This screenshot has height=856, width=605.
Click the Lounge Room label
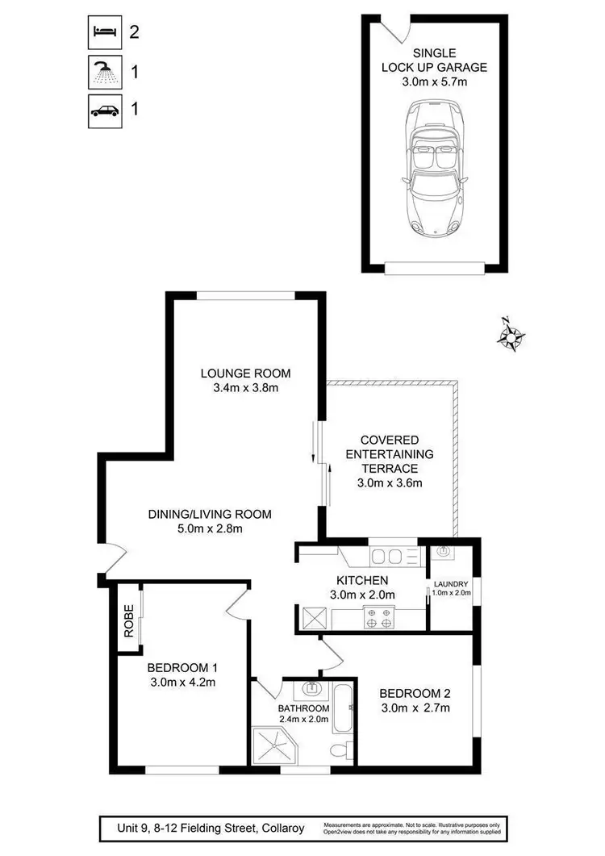pyautogui.click(x=245, y=373)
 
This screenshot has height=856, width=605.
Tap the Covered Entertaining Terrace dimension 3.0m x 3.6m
pyautogui.click(x=390, y=483)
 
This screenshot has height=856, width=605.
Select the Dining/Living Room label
pyautogui.click(x=209, y=514)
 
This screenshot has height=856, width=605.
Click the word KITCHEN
pyautogui.click(x=362, y=580)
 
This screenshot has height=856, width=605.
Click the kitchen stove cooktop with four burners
pyautogui.click(x=380, y=618)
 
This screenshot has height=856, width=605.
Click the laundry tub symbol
pyautogui.click(x=442, y=552)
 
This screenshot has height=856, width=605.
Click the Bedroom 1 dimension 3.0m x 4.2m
pyautogui.click(x=181, y=683)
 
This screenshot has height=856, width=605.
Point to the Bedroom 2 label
pyautogui.click(x=414, y=693)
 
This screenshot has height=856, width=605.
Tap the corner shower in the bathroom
pyautogui.click(x=273, y=746)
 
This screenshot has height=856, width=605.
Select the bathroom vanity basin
pyautogui.click(x=312, y=689)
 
